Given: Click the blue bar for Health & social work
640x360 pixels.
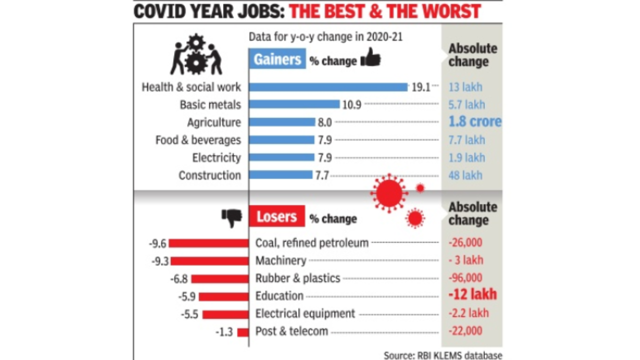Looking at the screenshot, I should pos(328,87).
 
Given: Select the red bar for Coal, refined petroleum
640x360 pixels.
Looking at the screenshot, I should pos(208,243).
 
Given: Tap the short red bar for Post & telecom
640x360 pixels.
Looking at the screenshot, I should pos(243,332).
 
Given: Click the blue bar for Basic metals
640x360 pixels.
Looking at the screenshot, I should pos(294,104).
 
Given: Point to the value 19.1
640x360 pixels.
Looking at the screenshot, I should pos(420,87).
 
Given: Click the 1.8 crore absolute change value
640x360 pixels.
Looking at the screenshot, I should pos(474,122).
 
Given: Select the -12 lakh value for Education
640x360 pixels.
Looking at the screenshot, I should pos(472,295).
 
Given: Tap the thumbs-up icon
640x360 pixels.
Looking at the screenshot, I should pos(370,58).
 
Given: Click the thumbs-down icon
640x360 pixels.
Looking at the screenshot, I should pos(232,217).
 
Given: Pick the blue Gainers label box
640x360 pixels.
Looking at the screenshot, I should pos(277,59).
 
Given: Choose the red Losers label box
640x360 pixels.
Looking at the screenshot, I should pos(276,216).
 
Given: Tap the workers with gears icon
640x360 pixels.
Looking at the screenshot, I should pos(196,55).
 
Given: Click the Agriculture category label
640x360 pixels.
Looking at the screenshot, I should pos(214,122).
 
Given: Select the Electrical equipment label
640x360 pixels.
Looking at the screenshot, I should pos(305,313).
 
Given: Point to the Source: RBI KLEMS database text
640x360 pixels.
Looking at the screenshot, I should pos(442,355).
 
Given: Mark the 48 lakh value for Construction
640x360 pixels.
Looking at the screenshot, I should pos(465,175).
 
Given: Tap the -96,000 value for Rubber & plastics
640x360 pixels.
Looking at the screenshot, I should pos(465,278).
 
